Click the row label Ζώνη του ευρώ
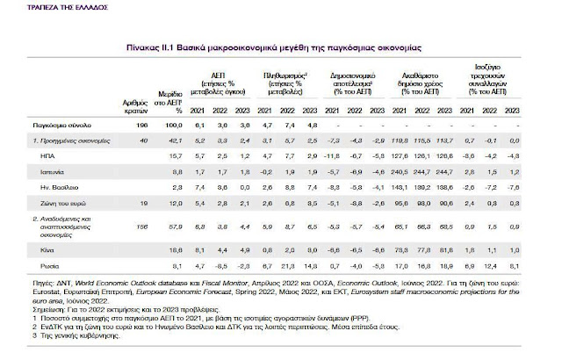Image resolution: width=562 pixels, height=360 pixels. [x=70, y=201]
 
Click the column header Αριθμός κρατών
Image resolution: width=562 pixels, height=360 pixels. [x=136, y=107]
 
